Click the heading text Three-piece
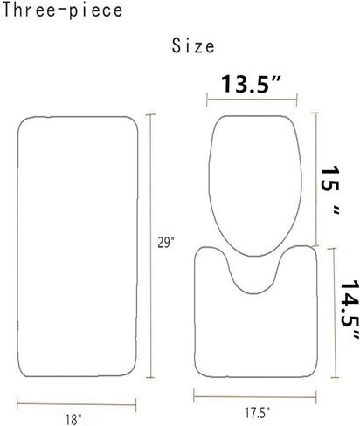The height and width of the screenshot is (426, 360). tap(62, 10)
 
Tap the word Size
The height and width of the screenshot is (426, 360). tap(193, 46)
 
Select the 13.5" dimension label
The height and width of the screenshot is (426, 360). tap(251, 84)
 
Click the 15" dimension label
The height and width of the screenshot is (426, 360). tap(330, 191)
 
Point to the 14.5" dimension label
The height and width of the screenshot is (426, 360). tap(350, 311)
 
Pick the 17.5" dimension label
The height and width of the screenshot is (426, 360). tap(258, 413)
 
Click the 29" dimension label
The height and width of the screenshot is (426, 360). tap(166, 243)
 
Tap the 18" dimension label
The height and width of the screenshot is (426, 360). tap(73, 420)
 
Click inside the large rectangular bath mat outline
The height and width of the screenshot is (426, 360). tap(78, 247)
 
